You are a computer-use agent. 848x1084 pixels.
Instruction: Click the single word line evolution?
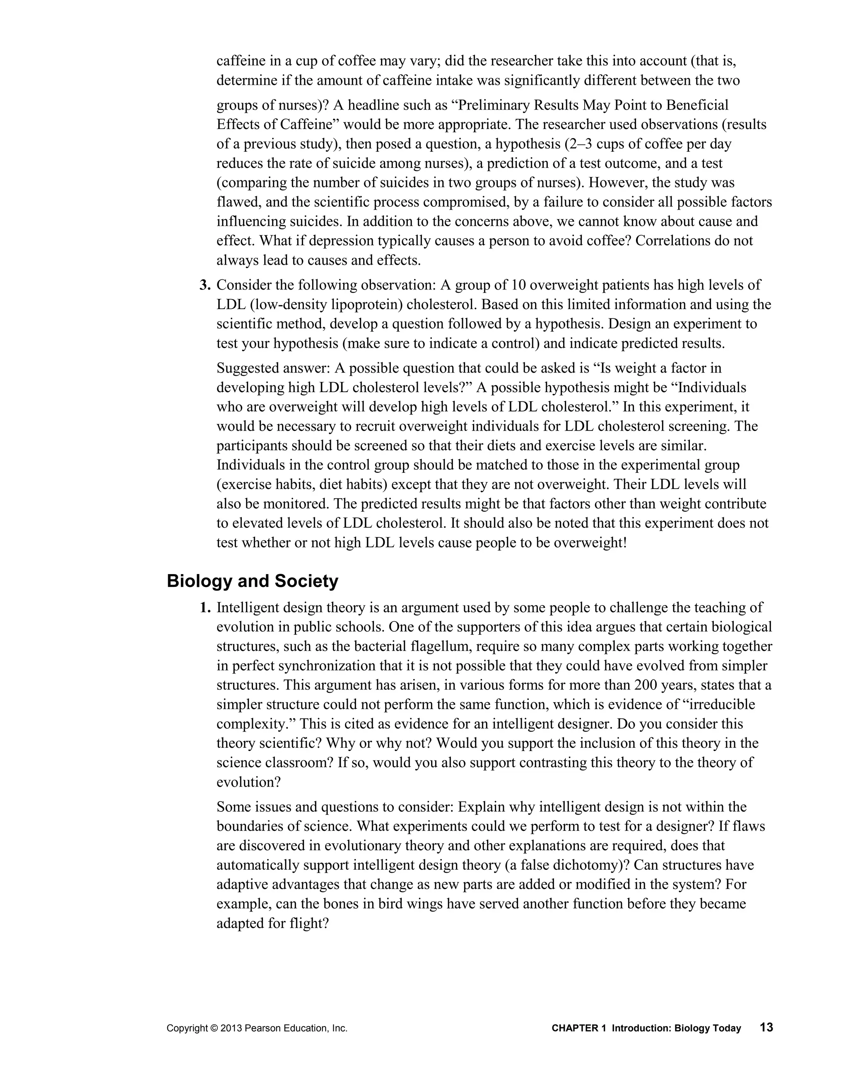point(248,782)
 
